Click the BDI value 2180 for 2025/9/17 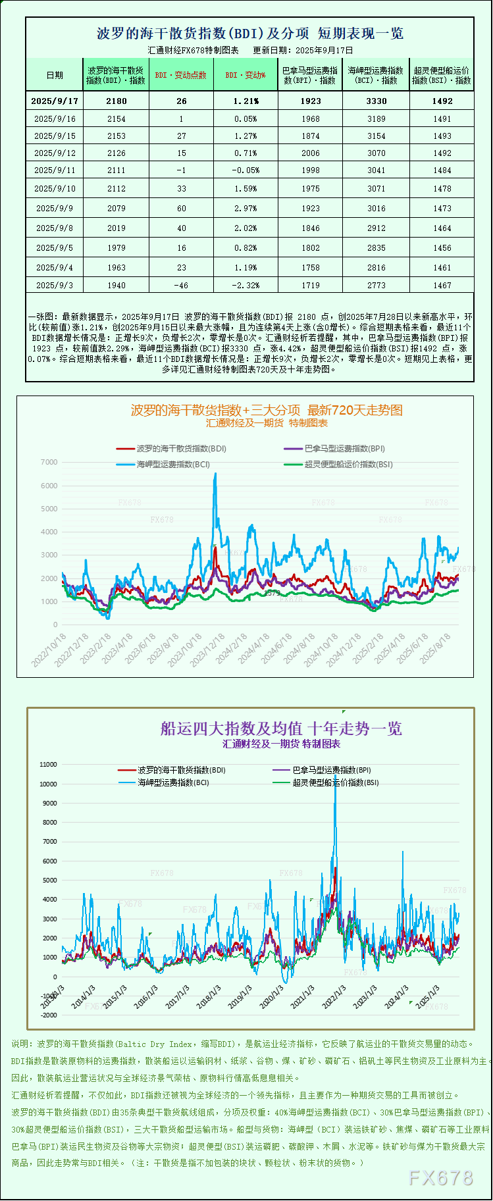click(x=117, y=101)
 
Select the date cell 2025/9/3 click(x=55, y=285)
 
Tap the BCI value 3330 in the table click(x=376, y=101)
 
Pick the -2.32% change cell click(x=246, y=285)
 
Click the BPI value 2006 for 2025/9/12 click(x=311, y=153)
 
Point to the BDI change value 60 click(x=182, y=208)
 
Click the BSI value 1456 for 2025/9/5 click(x=442, y=247)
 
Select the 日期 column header click(x=55, y=75)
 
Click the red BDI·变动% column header click(x=246, y=75)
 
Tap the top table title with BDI click(x=250, y=34)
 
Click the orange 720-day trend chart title click(x=267, y=410)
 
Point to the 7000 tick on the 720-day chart click(x=49, y=462)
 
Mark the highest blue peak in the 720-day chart click(x=215, y=474)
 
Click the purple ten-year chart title click(x=281, y=728)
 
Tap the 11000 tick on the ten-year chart click(x=48, y=765)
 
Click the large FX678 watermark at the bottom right click(x=441, y=1178)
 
